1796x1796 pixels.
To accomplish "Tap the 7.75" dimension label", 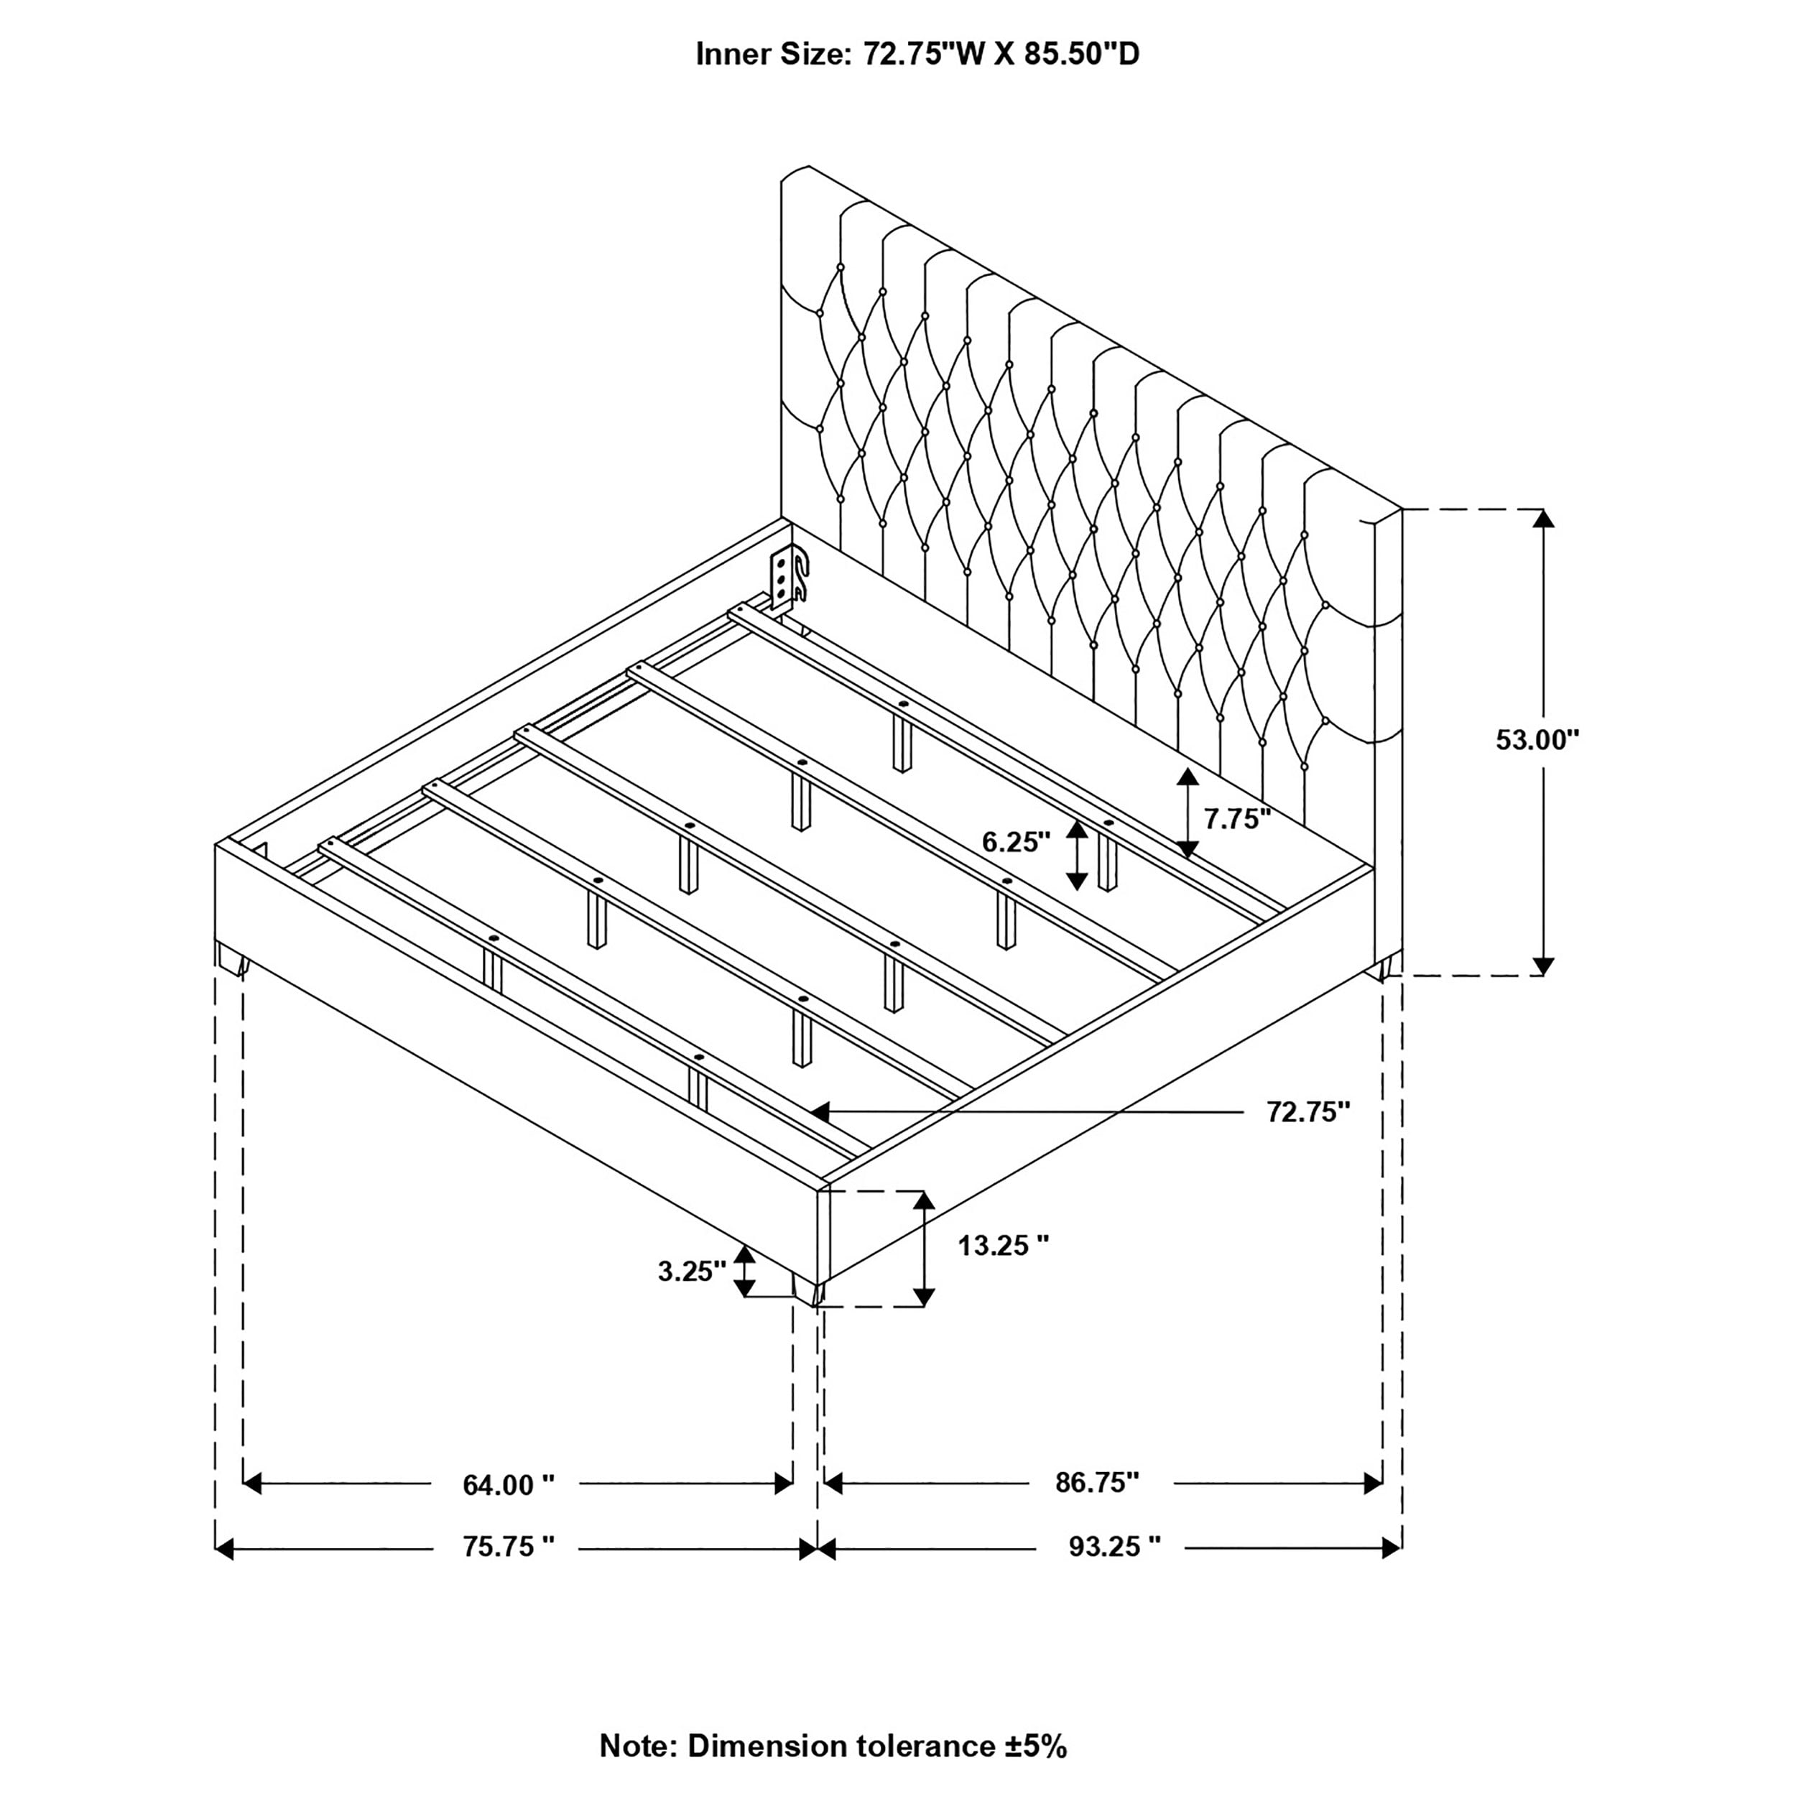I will click(1236, 819).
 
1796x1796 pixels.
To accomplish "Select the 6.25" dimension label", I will click(1016, 842).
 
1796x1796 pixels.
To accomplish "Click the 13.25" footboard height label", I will click(1003, 1246).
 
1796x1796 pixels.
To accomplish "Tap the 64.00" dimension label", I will click(509, 1486).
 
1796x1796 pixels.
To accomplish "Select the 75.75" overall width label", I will click(509, 1547).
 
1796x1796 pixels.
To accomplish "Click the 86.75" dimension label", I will click(1097, 1483).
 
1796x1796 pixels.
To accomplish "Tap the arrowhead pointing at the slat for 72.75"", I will click(819, 1110).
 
